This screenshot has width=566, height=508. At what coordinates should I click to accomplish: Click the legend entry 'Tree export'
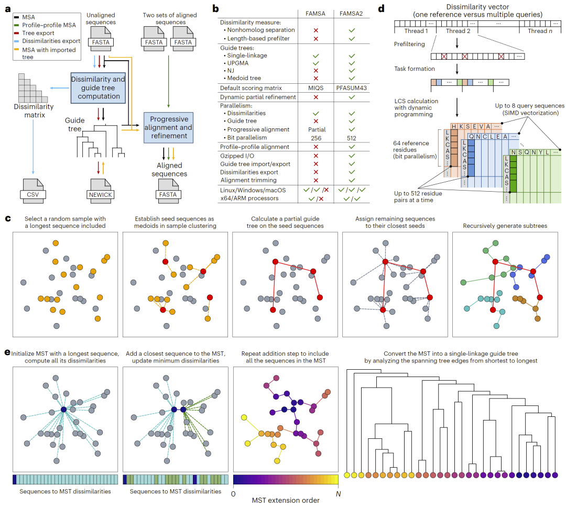38,33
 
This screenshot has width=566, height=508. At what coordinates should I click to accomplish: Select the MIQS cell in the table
315,87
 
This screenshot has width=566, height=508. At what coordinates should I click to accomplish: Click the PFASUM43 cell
347,87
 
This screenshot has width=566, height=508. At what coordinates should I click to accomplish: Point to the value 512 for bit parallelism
347,137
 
